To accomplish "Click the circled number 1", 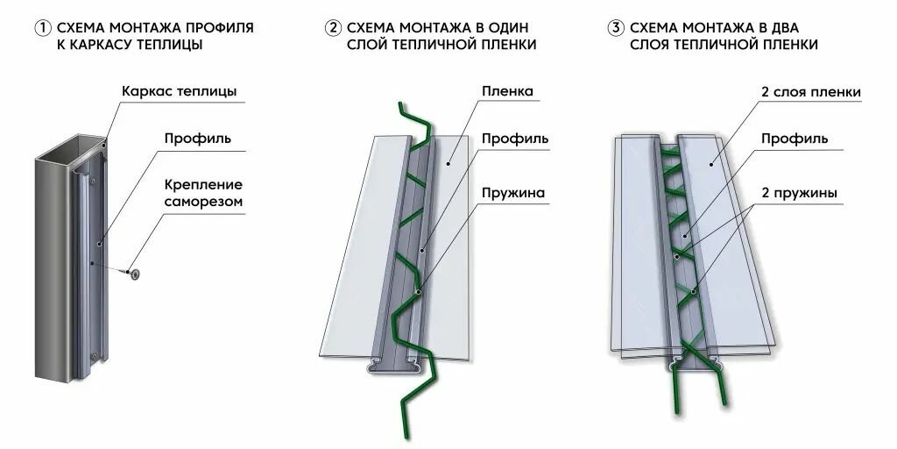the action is (41, 28).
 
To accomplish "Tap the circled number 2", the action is (333, 28).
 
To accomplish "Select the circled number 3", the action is (616, 28).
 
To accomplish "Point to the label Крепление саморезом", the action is (202, 194).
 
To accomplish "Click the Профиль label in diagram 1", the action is (197, 138).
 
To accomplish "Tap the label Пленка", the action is (507, 91).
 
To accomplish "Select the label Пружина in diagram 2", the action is (513, 192).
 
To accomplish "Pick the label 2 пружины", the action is (799, 192).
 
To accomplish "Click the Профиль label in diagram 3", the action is (795, 138).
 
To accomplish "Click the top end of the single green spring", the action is (402, 106).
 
